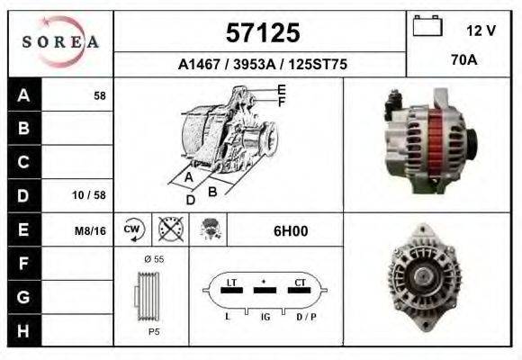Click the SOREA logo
tap(60, 40)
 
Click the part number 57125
tap(261, 33)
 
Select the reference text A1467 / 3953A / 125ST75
tap(262, 65)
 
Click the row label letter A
tap(23, 94)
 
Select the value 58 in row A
tap(100, 94)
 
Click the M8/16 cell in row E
tap(90, 230)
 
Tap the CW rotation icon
tap(132, 230)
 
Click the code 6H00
tap(291, 230)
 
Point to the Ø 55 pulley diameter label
tap(153, 259)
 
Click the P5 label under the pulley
tap(153, 331)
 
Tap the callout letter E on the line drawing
tap(281, 89)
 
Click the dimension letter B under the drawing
tap(212, 191)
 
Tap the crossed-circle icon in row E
tap(167, 230)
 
